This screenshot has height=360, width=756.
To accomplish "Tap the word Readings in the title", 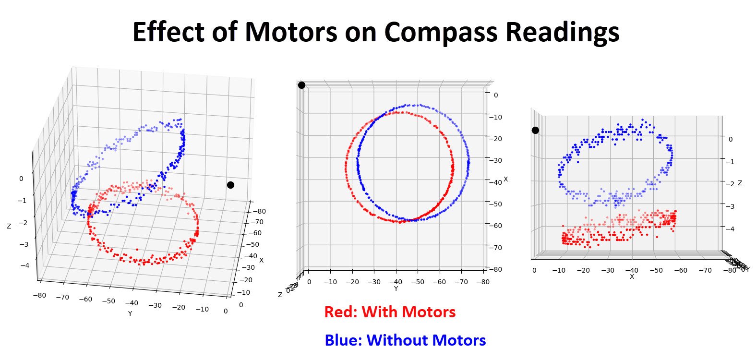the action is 562,33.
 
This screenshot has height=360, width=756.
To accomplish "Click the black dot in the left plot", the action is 230,185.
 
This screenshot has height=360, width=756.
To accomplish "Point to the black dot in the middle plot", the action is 301,85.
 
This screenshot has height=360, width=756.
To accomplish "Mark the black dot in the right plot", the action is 535,130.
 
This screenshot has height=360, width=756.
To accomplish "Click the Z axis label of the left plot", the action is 9,226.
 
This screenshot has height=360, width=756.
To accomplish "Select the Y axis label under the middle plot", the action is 396,289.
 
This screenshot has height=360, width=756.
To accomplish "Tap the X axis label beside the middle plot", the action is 505,179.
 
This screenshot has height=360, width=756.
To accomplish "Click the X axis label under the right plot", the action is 632,277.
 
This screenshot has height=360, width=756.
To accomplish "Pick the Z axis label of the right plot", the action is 740,183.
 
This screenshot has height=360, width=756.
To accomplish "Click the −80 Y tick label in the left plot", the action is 39,295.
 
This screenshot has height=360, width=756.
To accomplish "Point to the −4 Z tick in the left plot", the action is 24,265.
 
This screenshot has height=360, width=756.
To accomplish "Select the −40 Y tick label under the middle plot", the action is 395,282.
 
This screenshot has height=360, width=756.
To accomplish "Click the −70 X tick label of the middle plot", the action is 496,248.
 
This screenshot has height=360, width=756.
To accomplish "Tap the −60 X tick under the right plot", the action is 680,270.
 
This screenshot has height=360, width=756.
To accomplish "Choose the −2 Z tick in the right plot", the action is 730,184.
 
